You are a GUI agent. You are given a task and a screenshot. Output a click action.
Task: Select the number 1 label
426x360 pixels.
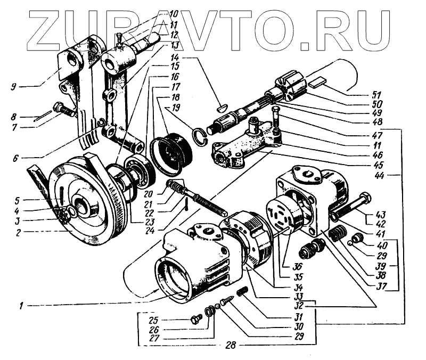(21, 305)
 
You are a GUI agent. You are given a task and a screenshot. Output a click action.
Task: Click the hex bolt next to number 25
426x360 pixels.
(195, 320)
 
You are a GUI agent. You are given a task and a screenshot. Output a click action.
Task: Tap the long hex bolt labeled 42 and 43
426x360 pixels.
(351, 208)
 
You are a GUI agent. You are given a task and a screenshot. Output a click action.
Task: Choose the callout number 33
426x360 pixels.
(299, 296)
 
